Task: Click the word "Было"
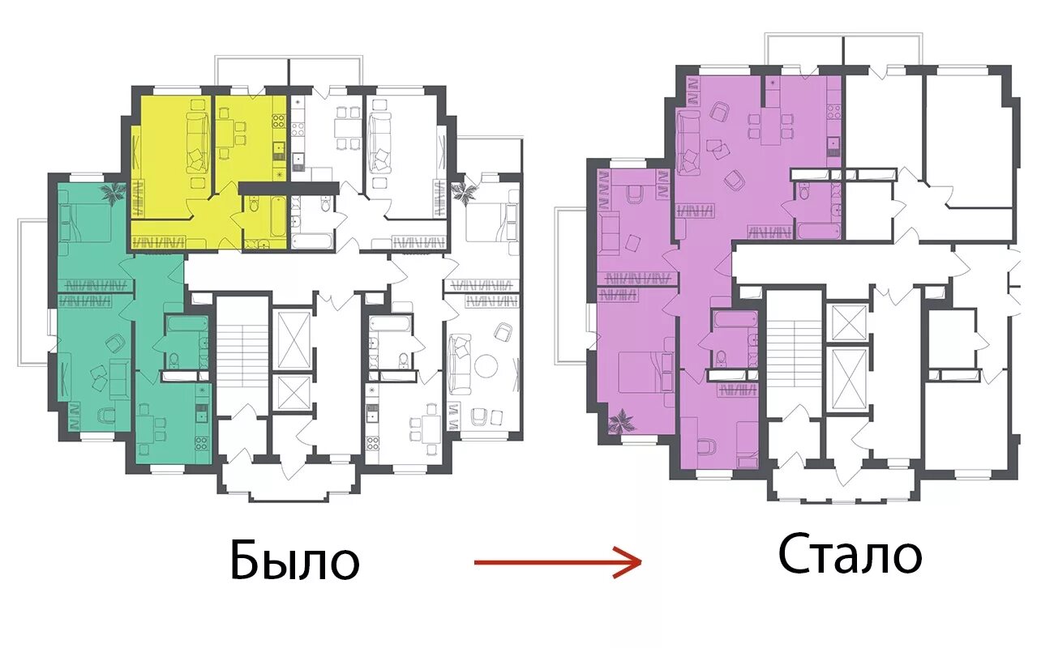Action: point(295,560)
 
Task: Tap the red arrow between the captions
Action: point(558,562)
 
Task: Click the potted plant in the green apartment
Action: point(113,192)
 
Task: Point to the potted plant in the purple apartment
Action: point(621,421)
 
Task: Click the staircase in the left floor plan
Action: point(242,351)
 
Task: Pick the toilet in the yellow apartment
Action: point(255,206)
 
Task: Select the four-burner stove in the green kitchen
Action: point(202,443)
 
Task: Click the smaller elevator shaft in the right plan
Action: point(850,322)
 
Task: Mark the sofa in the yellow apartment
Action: point(197,143)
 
